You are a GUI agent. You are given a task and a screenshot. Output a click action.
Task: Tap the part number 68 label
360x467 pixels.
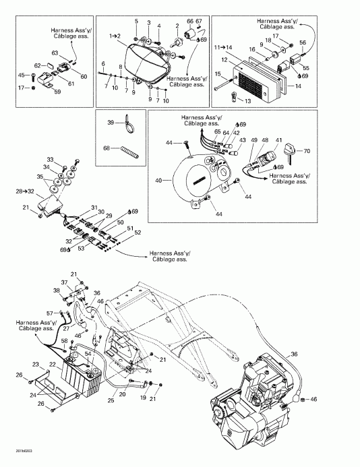click(x=107, y=149)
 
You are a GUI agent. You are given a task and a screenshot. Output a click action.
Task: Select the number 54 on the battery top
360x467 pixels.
click(x=88, y=354)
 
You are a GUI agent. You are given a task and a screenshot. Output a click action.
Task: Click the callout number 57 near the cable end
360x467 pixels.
click(x=49, y=313)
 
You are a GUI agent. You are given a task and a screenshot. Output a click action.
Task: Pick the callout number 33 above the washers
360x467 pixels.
click(x=49, y=159)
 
